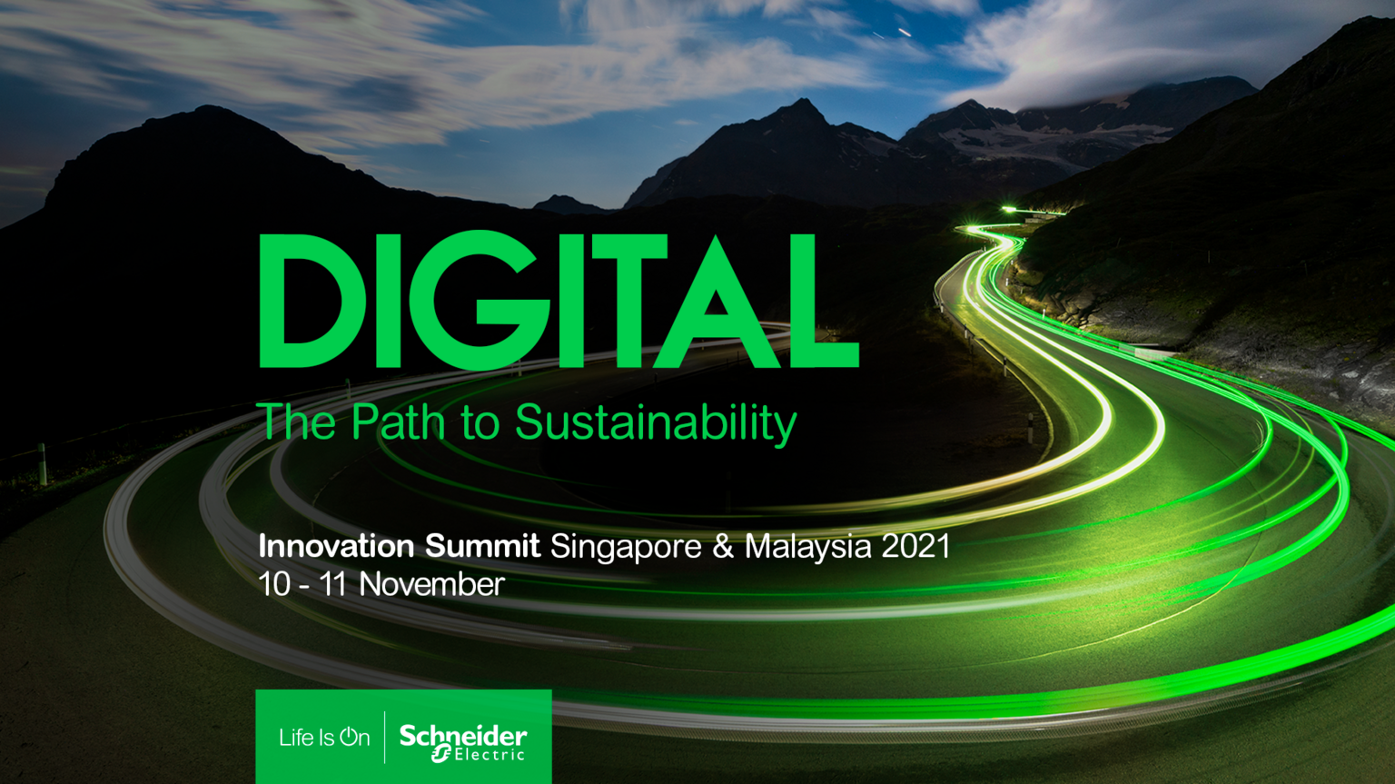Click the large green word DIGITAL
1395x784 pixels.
point(559,301)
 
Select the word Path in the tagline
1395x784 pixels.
point(399,422)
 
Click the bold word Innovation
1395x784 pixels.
point(336,546)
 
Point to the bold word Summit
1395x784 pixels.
point(482,546)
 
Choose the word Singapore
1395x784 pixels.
point(626,548)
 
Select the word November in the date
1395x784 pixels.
point(431,585)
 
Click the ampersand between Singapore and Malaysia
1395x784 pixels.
point(723,546)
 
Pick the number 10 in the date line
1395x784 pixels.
point(274,585)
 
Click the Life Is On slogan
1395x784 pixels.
point(324,738)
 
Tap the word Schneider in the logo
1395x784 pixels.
point(462,736)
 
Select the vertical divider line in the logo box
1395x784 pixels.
point(384,738)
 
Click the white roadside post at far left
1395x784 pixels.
point(43,464)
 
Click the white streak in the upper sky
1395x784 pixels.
point(905,32)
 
